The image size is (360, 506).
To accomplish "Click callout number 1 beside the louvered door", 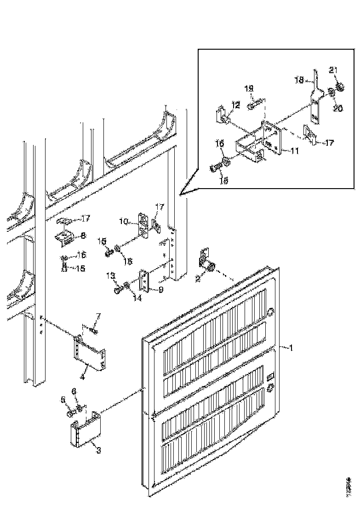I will click(289, 348).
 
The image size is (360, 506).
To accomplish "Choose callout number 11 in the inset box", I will click(294, 150).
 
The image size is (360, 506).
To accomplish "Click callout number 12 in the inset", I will click(235, 105).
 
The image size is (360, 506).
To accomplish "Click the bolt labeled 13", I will click(118, 290).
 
